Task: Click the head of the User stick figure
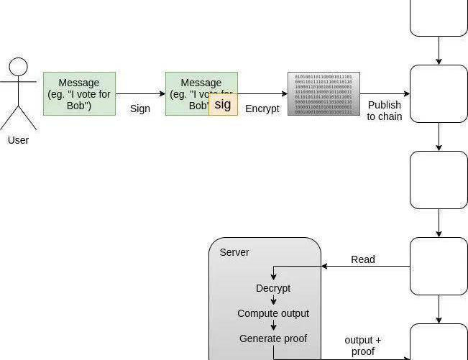pyautogui.click(x=18, y=68)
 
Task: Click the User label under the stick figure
pyautogui.click(x=18, y=140)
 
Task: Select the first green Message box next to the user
pyautogui.click(x=79, y=93)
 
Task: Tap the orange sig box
pyautogui.click(x=223, y=104)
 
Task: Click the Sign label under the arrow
pyautogui.click(x=140, y=109)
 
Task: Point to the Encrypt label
pyautogui.click(x=262, y=109)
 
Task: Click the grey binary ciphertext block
pyautogui.click(x=324, y=93)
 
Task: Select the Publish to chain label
pyautogui.click(x=385, y=111)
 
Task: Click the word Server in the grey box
pyautogui.click(x=234, y=252)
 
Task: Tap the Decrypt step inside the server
pyautogui.click(x=273, y=288)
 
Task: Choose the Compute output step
pyautogui.click(x=273, y=313)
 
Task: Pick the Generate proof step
pyautogui.click(x=273, y=338)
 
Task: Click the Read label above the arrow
pyautogui.click(x=363, y=259)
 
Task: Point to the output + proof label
pyautogui.click(x=363, y=346)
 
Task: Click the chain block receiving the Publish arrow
pyautogui.click(x=439, y=93)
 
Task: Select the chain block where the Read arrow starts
pyautogui.click(x=439, y=266)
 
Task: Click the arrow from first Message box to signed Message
pyautogui.click(x=140, y=93)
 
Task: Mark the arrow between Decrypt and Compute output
pyautogui.click(x=273, y=300)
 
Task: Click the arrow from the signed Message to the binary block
pyautogui.click(x=262, y=93)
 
